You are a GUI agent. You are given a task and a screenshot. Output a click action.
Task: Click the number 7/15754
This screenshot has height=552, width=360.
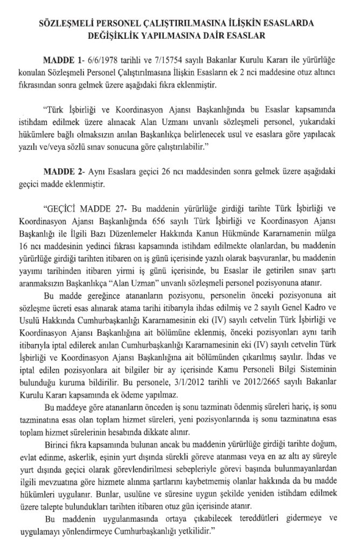(x=157, y=58)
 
